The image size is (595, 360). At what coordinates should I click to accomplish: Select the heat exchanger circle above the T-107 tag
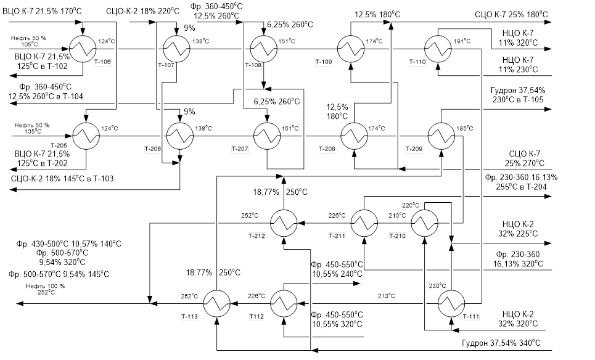[174, 46]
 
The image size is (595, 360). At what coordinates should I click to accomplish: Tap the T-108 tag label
[254, 65]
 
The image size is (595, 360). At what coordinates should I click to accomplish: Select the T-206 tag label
[153, 149]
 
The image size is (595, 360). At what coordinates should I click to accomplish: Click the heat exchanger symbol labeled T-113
[217, 302]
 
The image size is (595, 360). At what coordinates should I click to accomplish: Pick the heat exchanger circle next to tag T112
[284, 302]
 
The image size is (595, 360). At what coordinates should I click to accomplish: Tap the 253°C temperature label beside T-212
[249, 215]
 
